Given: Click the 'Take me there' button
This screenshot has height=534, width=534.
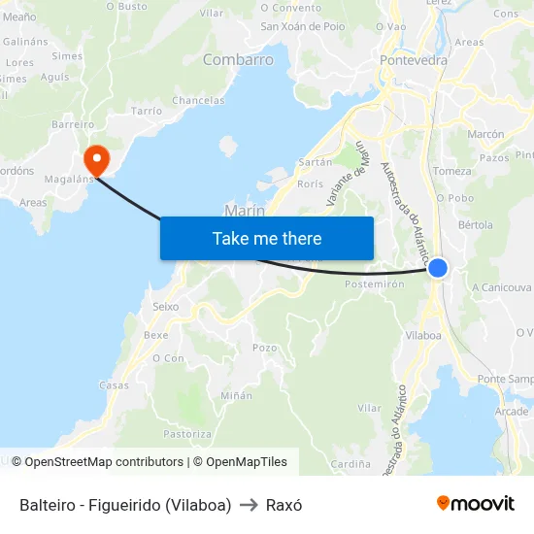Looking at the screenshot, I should (x=267, y=238).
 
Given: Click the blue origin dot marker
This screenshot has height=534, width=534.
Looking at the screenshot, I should (x=438, y=268).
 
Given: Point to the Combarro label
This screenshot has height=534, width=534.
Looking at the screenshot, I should (x=238, y=60).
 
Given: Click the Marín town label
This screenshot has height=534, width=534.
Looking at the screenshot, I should (x=245, y=210).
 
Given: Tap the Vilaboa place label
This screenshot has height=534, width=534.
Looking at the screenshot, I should (x=422, y=335).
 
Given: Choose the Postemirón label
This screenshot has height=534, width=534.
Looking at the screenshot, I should (x=374, y=284).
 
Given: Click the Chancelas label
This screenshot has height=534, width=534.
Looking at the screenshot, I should (x=198, y=100).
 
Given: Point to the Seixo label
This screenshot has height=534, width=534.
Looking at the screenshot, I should (x=166, y=306).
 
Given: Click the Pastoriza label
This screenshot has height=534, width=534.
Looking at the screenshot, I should (x=187, y=434).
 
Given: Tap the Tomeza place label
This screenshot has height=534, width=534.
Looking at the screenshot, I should (x=452, y=171).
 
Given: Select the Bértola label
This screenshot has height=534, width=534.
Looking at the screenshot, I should (x=476, y=224).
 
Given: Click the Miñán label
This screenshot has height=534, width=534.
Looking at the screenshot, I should (x=236, y=395).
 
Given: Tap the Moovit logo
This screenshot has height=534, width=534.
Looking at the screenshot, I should (x=476, y=503).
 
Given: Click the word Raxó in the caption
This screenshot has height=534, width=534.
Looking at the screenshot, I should (x=284, y=505).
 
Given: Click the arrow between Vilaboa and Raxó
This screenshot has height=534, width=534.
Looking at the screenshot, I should (x=249, y=505).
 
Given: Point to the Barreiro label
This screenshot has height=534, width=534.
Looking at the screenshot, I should (x=73, y=124).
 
